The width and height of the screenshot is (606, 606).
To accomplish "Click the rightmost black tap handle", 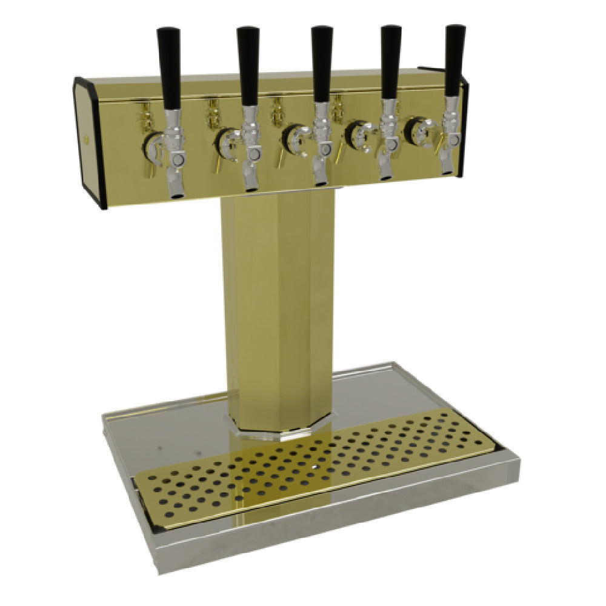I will click(454, 61).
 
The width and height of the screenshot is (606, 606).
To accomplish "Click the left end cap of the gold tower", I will click(90, 142).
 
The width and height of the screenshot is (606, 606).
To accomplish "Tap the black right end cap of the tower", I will click(464, 127).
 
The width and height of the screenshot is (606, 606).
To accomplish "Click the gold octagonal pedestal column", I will click(276, 303).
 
